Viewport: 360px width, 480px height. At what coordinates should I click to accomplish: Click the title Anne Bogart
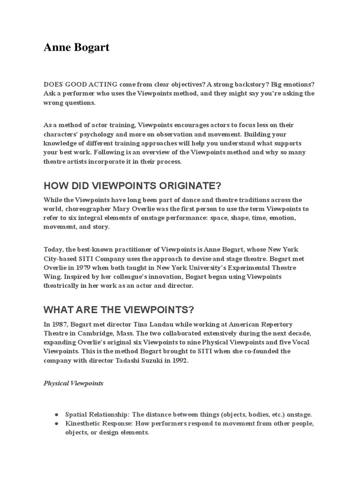[76, 48]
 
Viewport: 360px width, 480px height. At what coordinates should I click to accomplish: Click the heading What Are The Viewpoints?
[119, 310]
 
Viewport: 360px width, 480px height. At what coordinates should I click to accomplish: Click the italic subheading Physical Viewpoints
[74, 383]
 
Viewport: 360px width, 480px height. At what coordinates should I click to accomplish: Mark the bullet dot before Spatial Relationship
[56, 415]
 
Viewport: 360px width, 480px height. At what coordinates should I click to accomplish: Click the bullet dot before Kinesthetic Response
[56, 424]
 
